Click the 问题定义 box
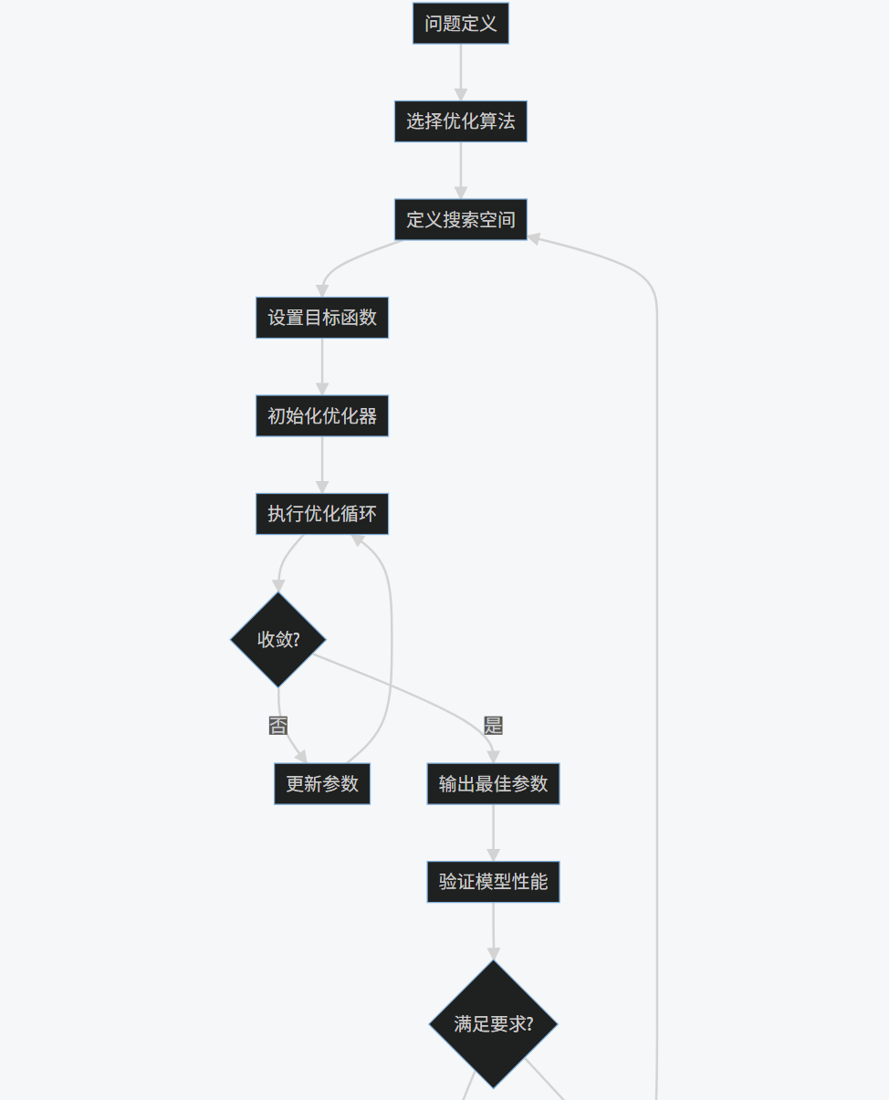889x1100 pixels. click(460, 24)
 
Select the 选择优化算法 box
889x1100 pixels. click(460, 121)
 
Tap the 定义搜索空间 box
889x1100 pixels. click(460, 220)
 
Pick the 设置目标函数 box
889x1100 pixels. click(321, 318)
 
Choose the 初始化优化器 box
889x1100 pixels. click(321, 416)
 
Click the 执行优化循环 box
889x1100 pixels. click(321, 514)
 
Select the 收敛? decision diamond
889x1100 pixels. click(278, 639)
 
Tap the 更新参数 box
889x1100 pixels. click(321, 784)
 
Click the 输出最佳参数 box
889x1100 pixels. click(493, 784)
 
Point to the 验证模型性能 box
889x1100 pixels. click(493, 882)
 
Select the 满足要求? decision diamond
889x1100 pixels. click(493, 1024)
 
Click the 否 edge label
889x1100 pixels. click(278, 726)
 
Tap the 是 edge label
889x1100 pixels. click(493, 726)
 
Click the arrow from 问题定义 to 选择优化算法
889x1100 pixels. click(460, 72)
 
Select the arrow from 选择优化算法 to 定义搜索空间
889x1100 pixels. click(460, 171)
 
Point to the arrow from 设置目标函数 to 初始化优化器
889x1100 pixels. click(321, 367)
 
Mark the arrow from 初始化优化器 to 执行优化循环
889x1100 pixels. click(321, 466)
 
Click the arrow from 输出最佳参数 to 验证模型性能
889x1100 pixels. click(493, 833)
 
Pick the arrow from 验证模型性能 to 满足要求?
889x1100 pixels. click(493, 929)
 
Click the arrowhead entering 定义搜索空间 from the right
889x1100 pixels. click(534, 238)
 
